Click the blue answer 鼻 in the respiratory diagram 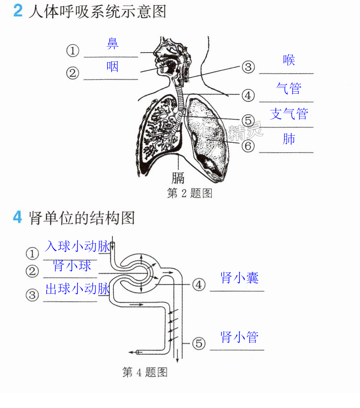[x=112, y=44]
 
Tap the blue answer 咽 [x=112, y=66]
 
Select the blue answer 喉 [x=289, y=60]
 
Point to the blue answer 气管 [x=289, y=89]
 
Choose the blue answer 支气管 [x=289, y=114]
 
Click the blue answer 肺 [x=289, y=139]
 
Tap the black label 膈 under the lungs [x=178, y=178]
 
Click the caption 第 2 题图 [x=189, y=194]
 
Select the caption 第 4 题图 [x=145, y=372]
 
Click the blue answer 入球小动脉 [x=77, y=246]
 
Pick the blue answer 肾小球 [x=72, y=266]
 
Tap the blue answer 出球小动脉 [x=77, y=289]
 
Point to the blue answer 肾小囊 [x=239, y=278]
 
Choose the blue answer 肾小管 [x=239, y=337]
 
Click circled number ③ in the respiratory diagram [x=248, y=67]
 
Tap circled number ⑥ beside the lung [x=248, y=146]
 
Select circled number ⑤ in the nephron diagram [x=199, y=343]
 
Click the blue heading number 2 [x=18, y=10]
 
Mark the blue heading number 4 [x=17, y=217]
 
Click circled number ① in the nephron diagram [x=32, y=253]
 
